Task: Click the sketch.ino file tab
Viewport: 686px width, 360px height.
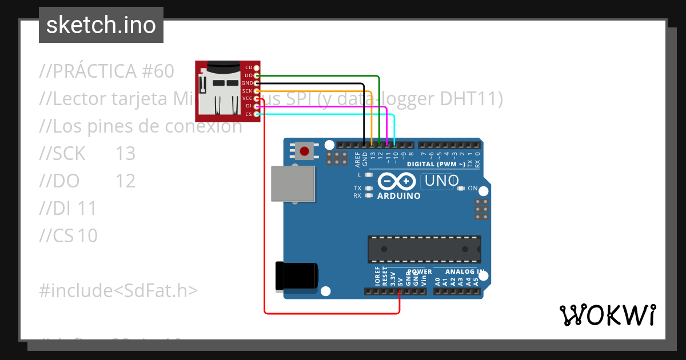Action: (101, 25)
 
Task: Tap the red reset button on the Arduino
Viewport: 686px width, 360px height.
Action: (305, 151)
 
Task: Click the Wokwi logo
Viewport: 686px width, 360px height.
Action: (607, 315)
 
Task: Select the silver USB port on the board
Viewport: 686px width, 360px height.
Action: (293, 183)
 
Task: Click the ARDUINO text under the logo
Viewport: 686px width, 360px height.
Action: (399, 196)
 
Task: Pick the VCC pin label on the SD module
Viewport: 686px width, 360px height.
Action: (247, 99)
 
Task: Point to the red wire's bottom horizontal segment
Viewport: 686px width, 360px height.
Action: (332, 313)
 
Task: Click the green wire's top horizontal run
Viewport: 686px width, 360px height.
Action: (320, 75)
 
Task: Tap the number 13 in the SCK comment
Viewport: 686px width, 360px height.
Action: (125, 154)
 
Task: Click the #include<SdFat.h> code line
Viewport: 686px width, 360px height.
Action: (118, 290)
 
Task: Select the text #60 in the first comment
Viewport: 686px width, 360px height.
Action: (155, 71)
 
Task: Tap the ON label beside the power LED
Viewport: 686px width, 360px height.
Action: (473, 188)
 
